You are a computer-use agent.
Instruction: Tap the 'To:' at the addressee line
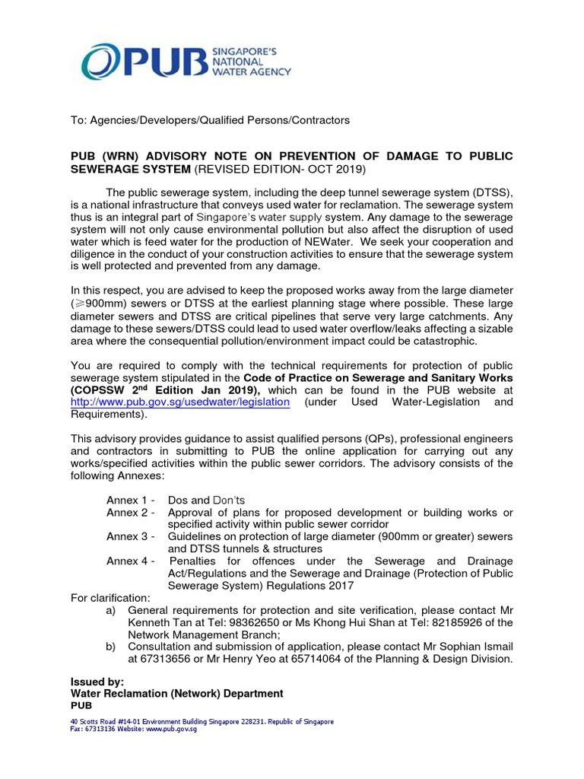click(x=79, y=120)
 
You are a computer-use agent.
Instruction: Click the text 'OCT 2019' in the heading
click(x=341, y=168)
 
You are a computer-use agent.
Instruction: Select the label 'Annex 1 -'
click(x=132, y=500)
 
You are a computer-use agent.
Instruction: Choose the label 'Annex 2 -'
click(x=132, y=512)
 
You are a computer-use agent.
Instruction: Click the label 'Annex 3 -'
click(x=132, y=536)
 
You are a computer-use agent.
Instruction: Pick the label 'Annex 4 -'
click(x=132, y=561)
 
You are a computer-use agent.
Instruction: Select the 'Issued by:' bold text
click(x=97, y=682)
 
